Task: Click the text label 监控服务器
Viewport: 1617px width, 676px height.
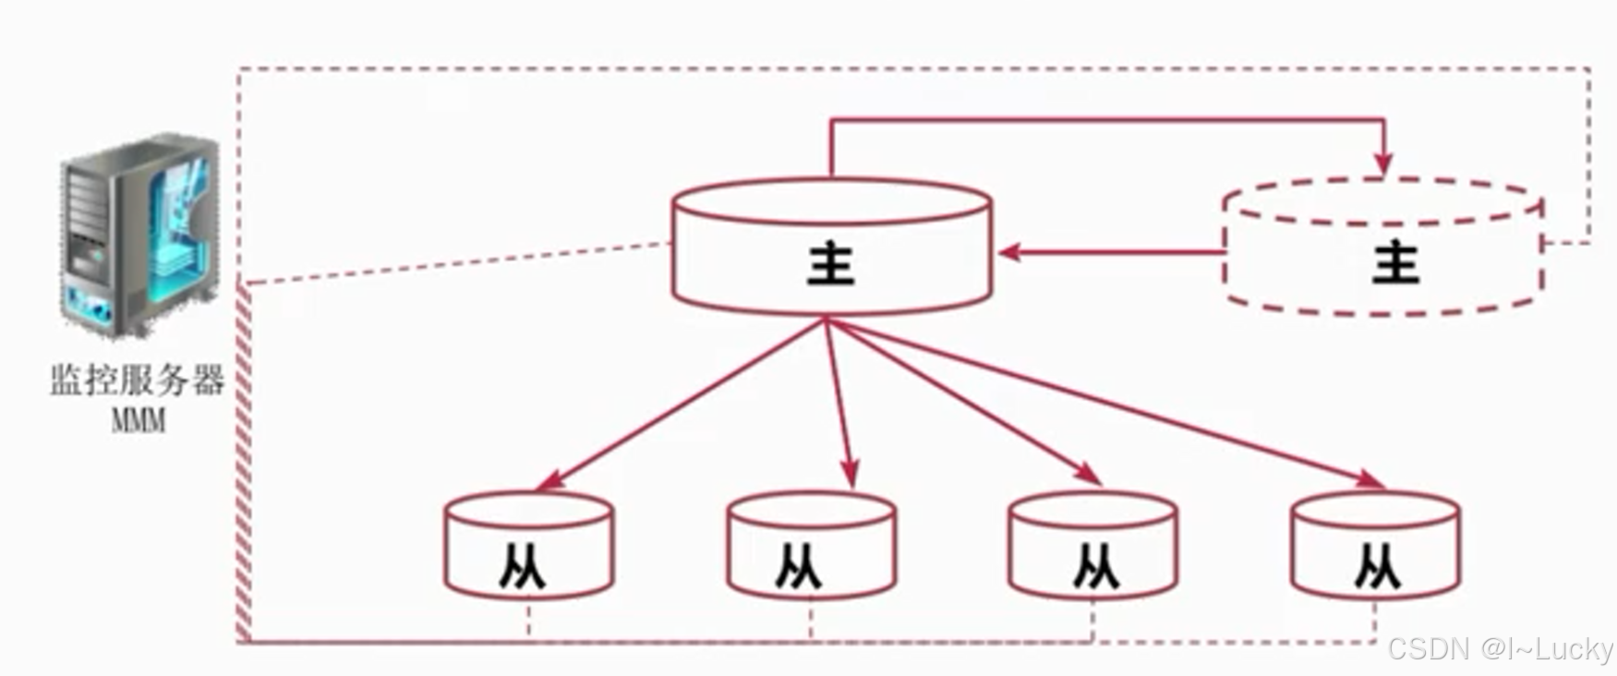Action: pos(138,380)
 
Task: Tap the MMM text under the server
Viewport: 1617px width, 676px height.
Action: pos(139,421)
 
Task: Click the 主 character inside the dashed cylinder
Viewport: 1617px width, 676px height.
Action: pos(1394,264)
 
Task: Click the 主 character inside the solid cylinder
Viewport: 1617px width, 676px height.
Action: pos(831,264)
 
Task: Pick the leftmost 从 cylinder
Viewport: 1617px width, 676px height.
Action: pos(528,547)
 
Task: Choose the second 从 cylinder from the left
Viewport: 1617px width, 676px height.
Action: pos(811,547)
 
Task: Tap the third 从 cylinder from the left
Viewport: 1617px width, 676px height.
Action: pos(1092,547)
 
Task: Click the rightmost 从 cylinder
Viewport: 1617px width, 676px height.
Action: pos(1375,547)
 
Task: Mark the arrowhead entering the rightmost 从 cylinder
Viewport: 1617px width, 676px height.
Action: pos(1370,479)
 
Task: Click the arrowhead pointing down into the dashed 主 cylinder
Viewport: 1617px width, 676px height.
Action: pos(1382,163)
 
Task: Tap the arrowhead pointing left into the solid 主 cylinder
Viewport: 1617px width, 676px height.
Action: pos(1009,251)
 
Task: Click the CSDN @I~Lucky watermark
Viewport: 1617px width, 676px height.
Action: pos(1500,649)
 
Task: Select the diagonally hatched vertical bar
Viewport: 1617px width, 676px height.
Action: pos(244,462)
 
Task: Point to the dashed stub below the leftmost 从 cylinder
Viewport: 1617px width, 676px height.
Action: pos(528,620)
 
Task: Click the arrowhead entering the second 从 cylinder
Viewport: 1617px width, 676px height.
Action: pos(851,475)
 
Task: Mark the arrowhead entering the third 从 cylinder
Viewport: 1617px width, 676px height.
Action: pos(1090,475)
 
